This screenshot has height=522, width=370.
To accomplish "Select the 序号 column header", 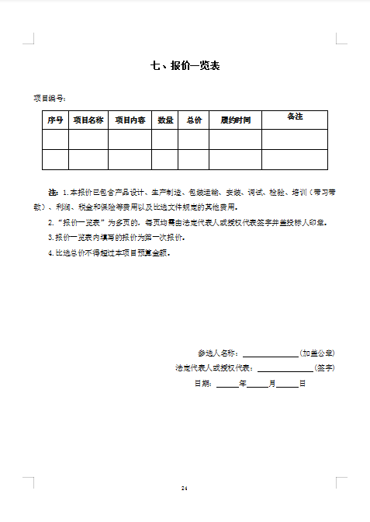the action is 55,120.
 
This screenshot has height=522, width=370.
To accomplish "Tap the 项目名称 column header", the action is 88,120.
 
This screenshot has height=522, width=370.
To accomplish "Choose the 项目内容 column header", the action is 130,120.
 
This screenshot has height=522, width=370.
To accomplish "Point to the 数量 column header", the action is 165,120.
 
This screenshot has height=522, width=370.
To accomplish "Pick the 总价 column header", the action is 194,120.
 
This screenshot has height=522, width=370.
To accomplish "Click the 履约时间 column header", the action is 235,120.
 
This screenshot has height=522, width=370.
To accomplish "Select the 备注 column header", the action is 295,117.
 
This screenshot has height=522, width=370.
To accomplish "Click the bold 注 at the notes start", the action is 53,191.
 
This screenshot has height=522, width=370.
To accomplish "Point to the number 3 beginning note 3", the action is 50,238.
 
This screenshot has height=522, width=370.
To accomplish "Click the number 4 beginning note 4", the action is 50,253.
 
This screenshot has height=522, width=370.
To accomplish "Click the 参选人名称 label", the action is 219,353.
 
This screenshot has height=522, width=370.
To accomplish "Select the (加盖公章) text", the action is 316,353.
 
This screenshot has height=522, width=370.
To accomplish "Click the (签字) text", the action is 324,368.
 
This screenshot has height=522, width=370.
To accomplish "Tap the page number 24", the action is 185,488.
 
